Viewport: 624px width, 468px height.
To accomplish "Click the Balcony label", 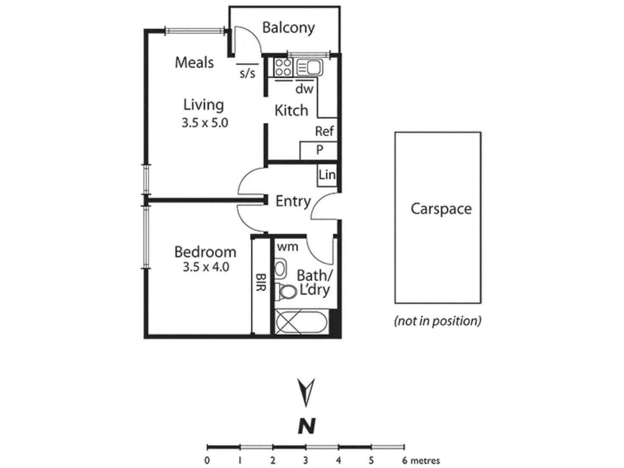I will (288, 28).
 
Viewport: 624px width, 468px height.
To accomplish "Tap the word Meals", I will (194, 63).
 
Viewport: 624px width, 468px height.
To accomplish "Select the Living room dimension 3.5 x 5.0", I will (205, 123).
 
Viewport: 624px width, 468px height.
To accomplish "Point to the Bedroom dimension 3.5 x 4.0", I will (206, 267).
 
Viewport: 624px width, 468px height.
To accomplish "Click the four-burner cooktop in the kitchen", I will (283, 67).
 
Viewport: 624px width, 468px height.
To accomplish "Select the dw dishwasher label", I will (304, 89).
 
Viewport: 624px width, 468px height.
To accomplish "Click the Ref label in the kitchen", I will (324, 131).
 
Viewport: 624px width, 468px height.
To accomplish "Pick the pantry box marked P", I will (319, 150).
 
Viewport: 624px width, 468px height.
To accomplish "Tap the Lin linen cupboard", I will (327, 175).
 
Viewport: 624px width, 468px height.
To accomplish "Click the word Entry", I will (293, 201).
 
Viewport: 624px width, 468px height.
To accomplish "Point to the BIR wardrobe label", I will (261, 282).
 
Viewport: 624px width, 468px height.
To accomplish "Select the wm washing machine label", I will (288, 247).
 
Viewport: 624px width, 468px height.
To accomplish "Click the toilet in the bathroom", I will (287, 292).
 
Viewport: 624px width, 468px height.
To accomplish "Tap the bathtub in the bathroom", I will (301, 323).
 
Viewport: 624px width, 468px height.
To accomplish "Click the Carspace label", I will (441, 209).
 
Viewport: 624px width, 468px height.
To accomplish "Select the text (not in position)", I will (437, 321).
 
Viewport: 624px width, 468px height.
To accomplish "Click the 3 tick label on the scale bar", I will (305, 460).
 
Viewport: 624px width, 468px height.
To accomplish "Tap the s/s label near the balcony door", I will (248, 74).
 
